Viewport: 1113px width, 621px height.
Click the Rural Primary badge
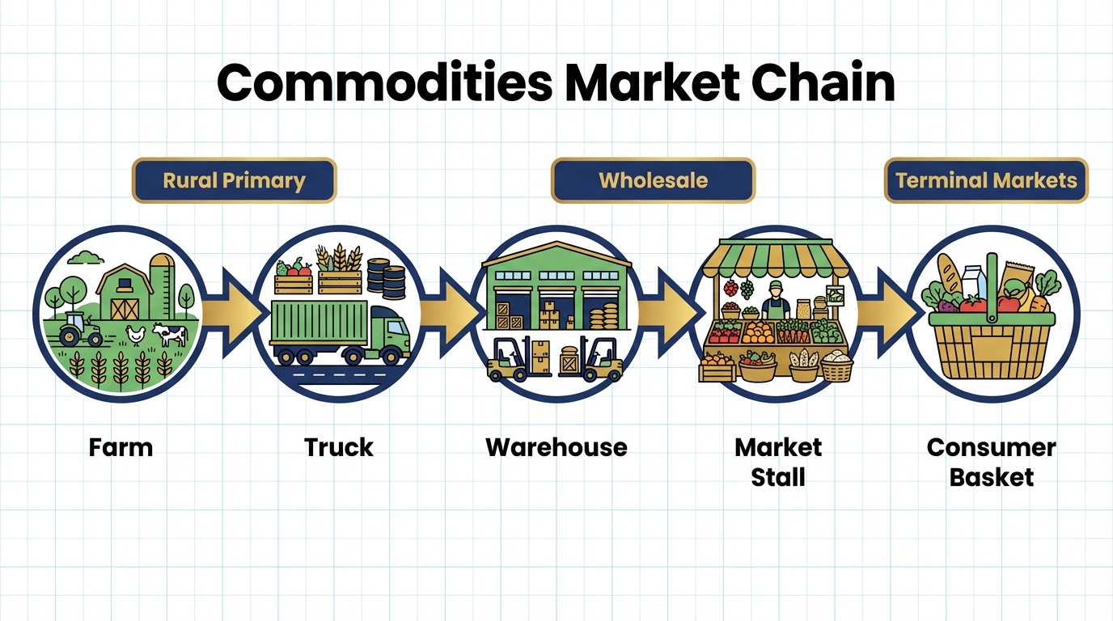tap(234, 180)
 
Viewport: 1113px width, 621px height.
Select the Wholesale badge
tap(653, 180)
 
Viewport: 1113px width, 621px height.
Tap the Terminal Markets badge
tap(986, 180)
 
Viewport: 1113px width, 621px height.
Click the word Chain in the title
tap(823, 82)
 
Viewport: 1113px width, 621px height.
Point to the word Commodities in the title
tap(384, 82)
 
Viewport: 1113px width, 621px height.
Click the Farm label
tap(121, 448)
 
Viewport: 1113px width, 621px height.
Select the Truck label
tap(338, 448)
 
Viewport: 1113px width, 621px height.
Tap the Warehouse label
tap(556, 448)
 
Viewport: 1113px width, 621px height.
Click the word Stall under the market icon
tap(778, 477)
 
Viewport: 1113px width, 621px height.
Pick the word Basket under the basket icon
tap(992, 477)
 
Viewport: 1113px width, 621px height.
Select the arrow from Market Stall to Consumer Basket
tap(890, 313)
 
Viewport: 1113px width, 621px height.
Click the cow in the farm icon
tap(170, 334)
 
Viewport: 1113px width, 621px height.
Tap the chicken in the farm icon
tap(136, 336)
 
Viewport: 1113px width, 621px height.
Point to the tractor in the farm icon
tap(79, 329)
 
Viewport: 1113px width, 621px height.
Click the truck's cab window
tap(396, 327)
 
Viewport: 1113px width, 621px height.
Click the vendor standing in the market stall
tap(776, 301)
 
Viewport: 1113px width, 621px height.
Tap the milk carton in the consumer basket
tap(973, 281)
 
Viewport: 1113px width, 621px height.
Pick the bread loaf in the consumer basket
tap(950, 274)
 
